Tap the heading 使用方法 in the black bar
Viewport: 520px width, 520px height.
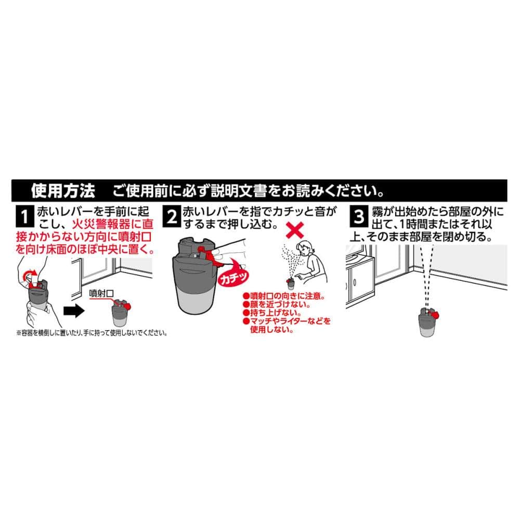63,191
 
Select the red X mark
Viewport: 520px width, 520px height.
294,230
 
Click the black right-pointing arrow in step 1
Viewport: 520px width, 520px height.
74,310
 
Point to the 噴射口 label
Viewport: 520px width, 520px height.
101,293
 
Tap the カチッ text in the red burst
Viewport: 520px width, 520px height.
233,278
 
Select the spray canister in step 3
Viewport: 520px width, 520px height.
428,322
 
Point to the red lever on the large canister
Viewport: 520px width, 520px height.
210,256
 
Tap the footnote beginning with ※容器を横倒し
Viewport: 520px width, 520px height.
92,333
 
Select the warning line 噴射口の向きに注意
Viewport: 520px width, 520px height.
284,296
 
